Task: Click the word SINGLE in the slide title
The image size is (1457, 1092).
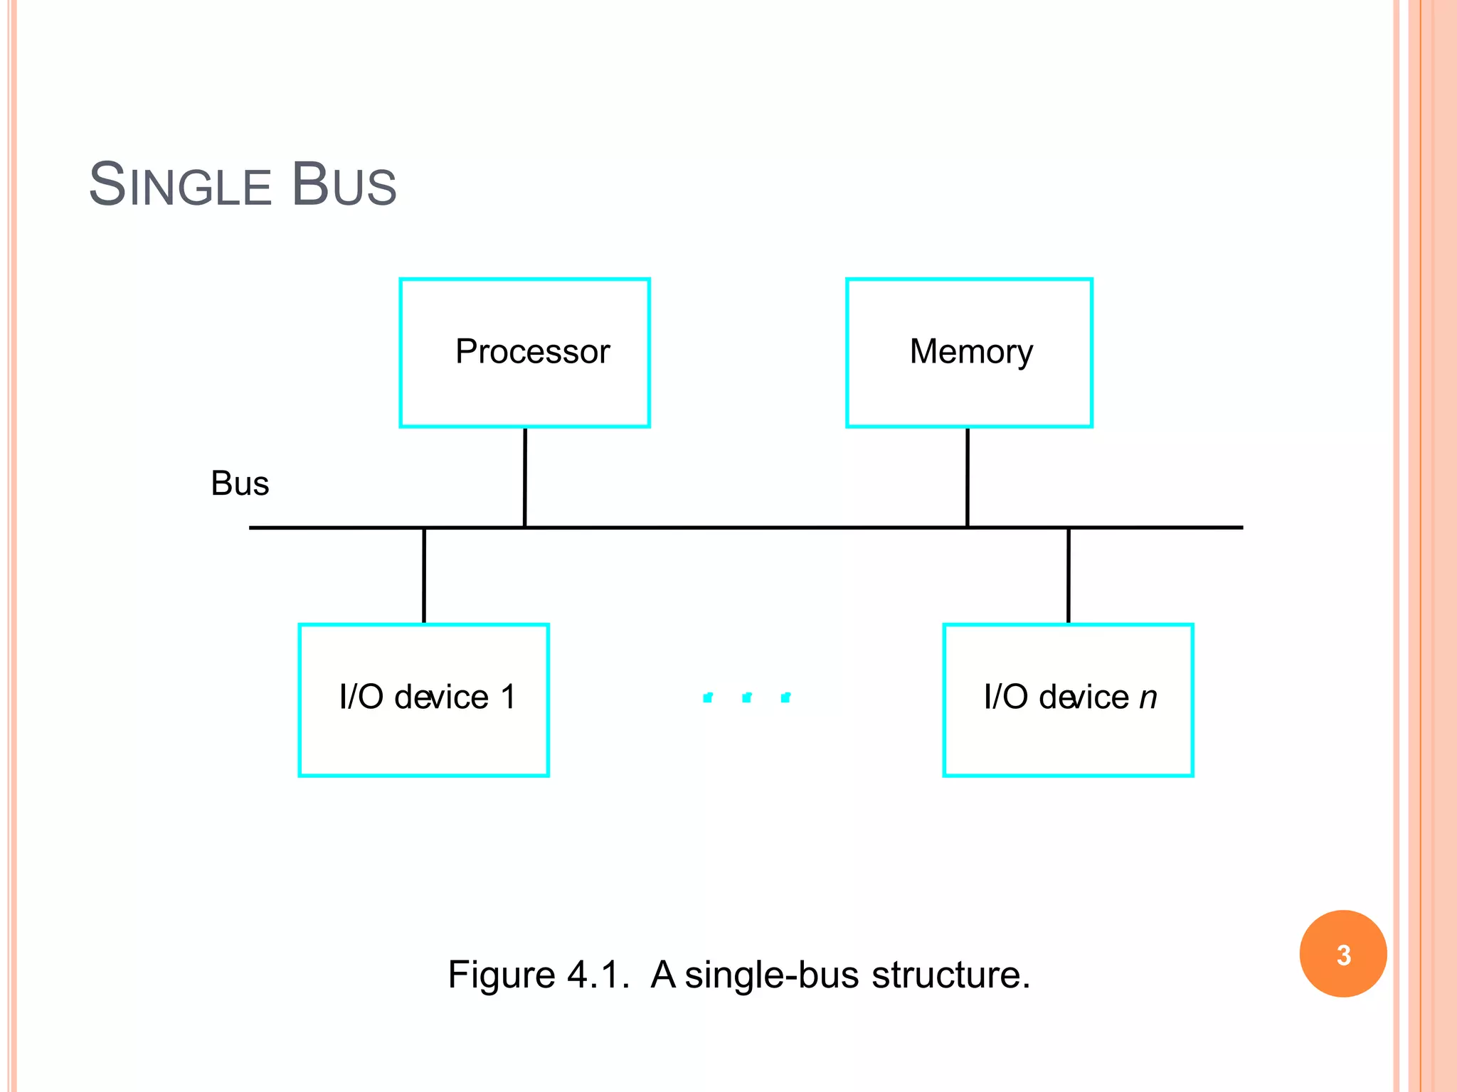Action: pyautogui.click(x=180, y=186)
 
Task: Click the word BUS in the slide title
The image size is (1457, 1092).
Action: pyautogui.click(x=344, y=186)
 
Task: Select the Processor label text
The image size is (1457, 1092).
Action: pyautogui.click(x=532, y=352)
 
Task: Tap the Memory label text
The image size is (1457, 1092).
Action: pyautogui.click(x=971, y=352)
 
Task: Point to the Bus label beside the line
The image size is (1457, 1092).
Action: pyautogui.click(x=240, y=484)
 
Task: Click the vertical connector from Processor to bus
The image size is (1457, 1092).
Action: pyautogui.click(x=525, y=477)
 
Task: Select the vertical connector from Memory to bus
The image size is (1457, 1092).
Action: pyautogui.click(x=968, y=477)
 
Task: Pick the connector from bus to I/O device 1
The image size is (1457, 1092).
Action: pyautogui.click(x=424, y=576)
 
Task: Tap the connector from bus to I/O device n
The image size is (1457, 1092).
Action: pyautogui.click(x=1069, y=576)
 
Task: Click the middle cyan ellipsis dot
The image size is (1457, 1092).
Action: pyautogui.click(x=746, y=697)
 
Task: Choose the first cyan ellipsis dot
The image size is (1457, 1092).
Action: pyautogui.click(x=707, y=697)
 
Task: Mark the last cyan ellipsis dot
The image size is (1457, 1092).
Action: pyautogui.click(x=785, y=697)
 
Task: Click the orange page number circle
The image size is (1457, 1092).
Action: pyautogui.click(x=1343, y=954)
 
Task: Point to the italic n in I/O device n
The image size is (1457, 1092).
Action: pyautogui.click(x=1148, y=697)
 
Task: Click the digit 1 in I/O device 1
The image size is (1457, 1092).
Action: pyautogui.click(x=508, y=697)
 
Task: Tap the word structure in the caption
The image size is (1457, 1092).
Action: pyautogui.click(x=950, y=975)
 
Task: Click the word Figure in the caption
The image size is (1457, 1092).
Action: pyautogui.click(x=501, y=975)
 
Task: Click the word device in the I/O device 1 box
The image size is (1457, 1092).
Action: pyautogui.click(x=441, y=697)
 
